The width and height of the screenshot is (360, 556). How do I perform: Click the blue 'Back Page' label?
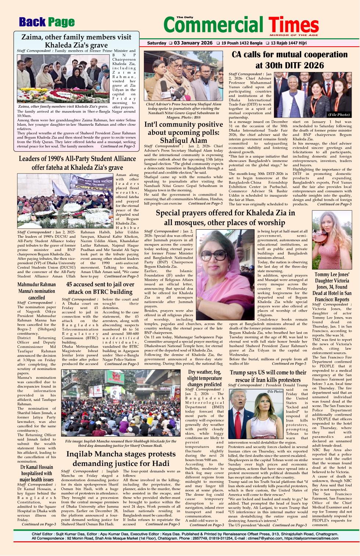coord(47,22)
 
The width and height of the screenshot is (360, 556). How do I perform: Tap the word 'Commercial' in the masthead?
coord(215,25)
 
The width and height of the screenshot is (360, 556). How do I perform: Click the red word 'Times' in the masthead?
coord(293,25)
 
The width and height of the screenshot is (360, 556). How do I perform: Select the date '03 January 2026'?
coord(192,43)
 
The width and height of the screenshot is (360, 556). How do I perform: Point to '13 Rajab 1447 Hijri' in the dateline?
coord(288,43)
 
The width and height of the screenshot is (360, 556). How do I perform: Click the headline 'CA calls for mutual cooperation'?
coord(289,55)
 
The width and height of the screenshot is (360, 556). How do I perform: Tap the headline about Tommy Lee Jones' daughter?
coord(332,287)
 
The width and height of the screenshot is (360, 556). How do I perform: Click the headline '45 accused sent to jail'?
coord(100,288)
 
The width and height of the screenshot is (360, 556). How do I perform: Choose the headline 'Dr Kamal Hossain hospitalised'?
coord(36,473)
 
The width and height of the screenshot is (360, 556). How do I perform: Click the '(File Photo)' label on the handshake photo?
coord(339,115)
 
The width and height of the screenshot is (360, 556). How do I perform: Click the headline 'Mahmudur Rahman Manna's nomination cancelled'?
coord(37,291)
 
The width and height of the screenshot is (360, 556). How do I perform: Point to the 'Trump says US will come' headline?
coord(268,376)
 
